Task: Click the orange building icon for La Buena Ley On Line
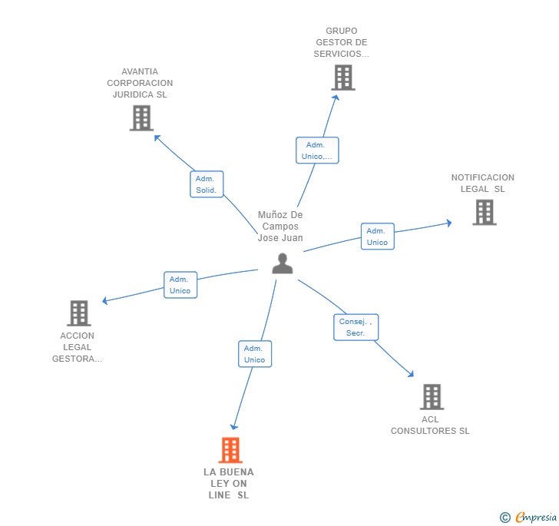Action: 230,450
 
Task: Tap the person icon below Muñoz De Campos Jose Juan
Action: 283,263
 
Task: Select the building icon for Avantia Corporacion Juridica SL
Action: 141,118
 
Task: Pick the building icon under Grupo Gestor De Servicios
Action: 343,78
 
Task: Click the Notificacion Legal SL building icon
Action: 484,212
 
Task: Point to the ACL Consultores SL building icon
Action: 432,397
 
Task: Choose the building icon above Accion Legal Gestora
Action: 79,313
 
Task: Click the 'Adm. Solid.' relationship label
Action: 207,184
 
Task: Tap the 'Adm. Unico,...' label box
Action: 317,151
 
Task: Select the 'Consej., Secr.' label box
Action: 356,327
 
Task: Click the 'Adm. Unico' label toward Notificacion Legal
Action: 377,237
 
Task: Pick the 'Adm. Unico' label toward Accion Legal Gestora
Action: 180,285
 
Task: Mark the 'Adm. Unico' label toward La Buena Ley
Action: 254,354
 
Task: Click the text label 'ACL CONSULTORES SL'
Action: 430,425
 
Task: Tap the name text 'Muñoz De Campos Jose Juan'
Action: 280,227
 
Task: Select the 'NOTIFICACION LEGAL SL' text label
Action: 483,184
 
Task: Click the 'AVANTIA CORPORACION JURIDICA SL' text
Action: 140,83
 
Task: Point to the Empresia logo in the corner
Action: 529,518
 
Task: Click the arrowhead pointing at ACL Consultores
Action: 411,374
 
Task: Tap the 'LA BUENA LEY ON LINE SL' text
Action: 229,484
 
